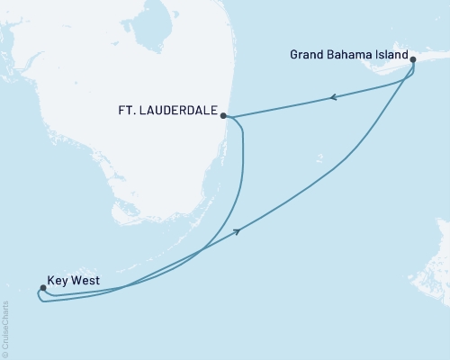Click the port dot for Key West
click(x=42, y=288)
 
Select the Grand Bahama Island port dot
click(x=413, y=61)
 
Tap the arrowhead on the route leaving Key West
click(x=238, y=231)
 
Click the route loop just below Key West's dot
click(x=45, y=300)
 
